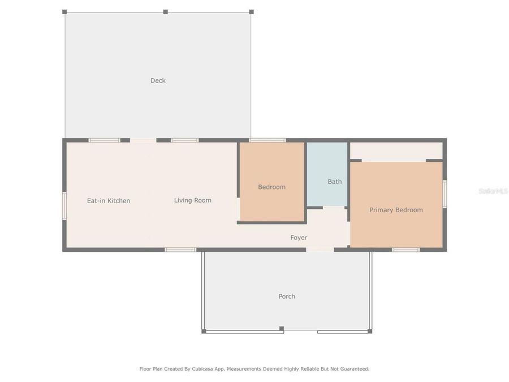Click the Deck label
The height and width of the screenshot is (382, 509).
(x=158, y=80)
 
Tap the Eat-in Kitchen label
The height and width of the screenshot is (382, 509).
(x=108, y=200)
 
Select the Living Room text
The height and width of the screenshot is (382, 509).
(x=192, y=200)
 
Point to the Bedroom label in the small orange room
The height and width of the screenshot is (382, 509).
(x=271, y=187)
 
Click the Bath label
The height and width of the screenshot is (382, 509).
(x=334, y=182)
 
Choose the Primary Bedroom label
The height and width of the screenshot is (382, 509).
(x=396, y=210)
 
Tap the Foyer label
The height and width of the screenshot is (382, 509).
(x=299, y=238)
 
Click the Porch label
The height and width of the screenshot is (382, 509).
(x=287, y=297)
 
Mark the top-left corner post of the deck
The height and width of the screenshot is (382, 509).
(x=64, y=11)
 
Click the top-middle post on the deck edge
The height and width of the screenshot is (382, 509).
(x=165, y=11)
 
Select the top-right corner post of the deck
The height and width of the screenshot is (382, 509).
(x=251, y=11)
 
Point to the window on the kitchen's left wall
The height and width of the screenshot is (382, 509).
(x=64, y=205)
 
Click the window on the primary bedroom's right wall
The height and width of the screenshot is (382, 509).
(x=445, y=194)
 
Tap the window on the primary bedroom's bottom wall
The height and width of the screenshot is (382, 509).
(x=406, y=250)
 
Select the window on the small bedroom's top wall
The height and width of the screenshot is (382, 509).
(x=267, y=140)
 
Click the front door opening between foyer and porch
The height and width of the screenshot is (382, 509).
(x=320, y=250)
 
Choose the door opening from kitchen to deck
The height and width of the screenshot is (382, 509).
(x=143, y=140)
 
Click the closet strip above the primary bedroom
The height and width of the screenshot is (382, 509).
(x=396, y=151)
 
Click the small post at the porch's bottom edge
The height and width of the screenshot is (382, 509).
(x=281, y=328)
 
